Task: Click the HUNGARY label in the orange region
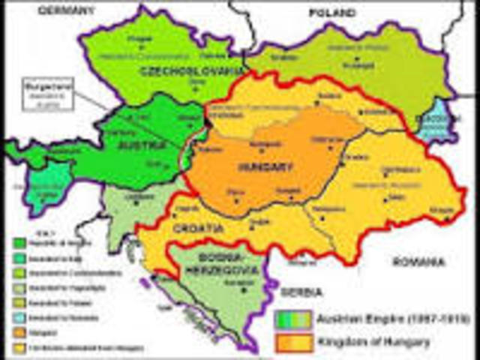[x=260, y=166]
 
